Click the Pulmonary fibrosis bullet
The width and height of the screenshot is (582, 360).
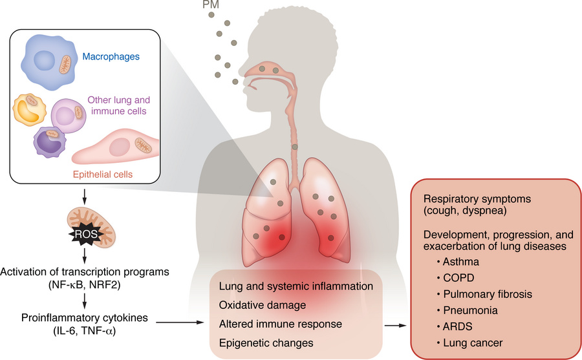[x=476, y=294]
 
